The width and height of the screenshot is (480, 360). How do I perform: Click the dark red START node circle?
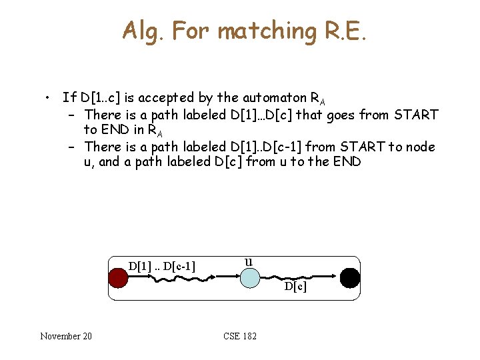pos(118,278)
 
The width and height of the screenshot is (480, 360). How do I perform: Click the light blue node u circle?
pos(249,278)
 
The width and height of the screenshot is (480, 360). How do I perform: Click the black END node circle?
pos(349,277)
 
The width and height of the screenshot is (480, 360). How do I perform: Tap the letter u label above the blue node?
pos(248,261)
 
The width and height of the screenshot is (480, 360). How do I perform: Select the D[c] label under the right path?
pos(295,287)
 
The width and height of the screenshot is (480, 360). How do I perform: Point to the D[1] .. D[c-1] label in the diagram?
pos(162,267)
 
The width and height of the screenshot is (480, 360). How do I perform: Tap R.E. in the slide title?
pos(344,31)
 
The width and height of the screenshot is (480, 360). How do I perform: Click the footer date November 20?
pos(66,335)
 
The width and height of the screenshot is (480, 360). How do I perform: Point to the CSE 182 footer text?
pos(240,335)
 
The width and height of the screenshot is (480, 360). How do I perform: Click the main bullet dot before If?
pos(49,98)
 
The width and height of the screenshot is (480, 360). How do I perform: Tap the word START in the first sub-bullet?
pos(416,115)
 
